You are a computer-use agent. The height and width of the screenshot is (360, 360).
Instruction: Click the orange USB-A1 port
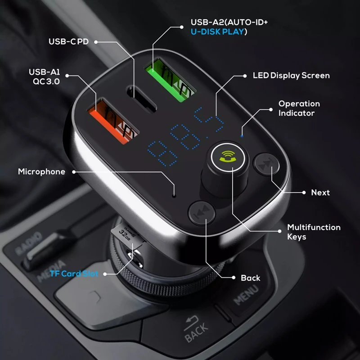click(x=113, y=121)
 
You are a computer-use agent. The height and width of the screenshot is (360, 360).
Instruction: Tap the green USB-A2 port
click(x=170, y=81)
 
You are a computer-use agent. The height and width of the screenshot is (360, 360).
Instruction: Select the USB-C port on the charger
click(x=141, y=99)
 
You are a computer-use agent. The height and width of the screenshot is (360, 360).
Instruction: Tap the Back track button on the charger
click(x=202, y=212)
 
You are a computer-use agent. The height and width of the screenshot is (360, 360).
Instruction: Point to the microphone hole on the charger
click(x=174, y=196)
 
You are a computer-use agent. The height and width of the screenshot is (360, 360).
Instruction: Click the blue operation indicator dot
click(x=242, y=136)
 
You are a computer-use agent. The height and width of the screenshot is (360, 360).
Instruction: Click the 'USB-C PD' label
click(x=69, y=41)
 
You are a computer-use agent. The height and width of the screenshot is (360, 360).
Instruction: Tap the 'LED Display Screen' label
click(x=291, y=76)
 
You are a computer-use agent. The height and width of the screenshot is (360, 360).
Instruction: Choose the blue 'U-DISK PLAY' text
click(x=217, y=31)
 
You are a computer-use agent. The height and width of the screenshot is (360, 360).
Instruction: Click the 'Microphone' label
click(x=41, y=171)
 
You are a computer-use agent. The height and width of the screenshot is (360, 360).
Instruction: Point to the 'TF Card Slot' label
click(x=74, y=274)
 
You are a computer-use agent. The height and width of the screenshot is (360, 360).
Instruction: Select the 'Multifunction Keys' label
click(x=314, y=232)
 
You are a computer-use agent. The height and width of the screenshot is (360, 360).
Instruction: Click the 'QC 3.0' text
click(x=46, y=81)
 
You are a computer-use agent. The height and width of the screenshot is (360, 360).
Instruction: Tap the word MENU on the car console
click(x=246, y=295)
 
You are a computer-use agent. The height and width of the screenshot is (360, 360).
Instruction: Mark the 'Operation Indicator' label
click(x=299, y=108)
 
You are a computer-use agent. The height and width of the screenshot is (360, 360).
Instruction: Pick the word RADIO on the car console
click(x=29, y=243)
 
